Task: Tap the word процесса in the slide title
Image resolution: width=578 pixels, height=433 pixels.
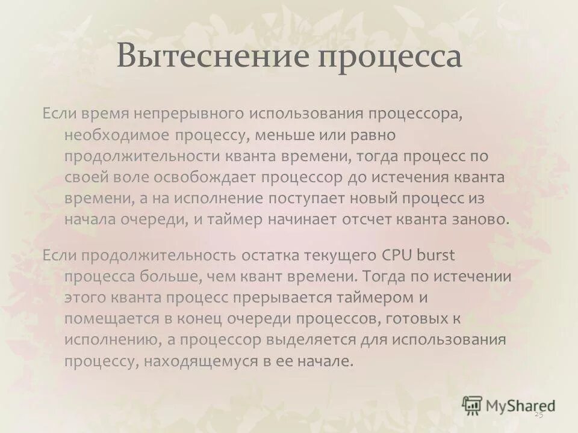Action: click(x=390, y=58)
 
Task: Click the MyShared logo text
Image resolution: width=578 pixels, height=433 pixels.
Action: click(x=521, y=405)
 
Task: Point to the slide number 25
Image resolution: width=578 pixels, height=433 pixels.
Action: click(x=538, y=415)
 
